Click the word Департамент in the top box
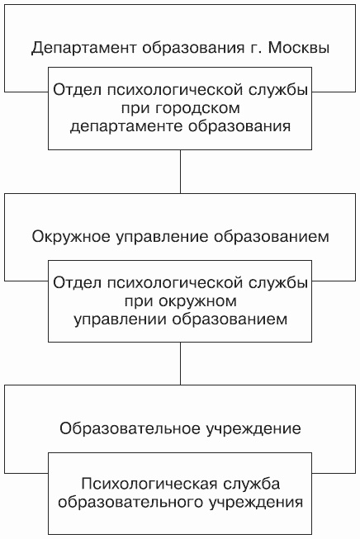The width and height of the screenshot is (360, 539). (84, 48)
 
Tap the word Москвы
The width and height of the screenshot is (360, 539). (298, 47)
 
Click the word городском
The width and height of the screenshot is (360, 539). (197, 109)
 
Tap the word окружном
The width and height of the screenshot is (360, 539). (198, 301)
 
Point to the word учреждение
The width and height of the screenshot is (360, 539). (254, 429)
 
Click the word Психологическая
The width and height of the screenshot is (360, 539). (150, 484)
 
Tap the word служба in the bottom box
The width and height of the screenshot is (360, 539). (252, 484)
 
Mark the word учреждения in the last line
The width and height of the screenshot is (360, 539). (256, 503)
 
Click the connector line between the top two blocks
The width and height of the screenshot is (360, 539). (180, 172)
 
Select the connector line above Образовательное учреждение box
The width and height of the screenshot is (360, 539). (180, 364)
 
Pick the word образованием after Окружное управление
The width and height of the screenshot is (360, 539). (272, 237)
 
